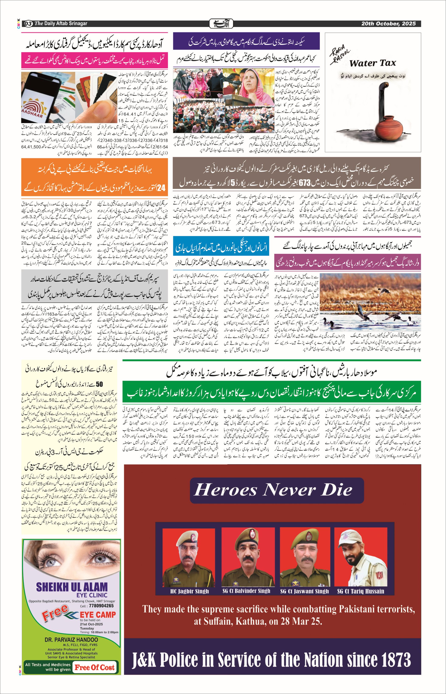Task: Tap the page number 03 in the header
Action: pyautogui.click(x=28, y=24)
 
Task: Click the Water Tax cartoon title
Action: pyautogui.click(x=373, y=63)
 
